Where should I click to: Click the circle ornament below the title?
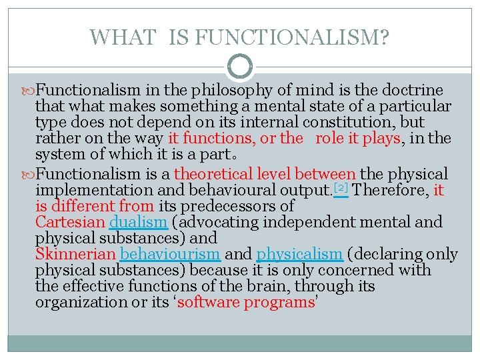pyautogui.click(x=240, y=67)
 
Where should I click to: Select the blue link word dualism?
pyautogui.click(x=137, y=222)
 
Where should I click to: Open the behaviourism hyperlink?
pyautogui.click(x=171, y=254)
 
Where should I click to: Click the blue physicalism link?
pyautogui.click(x=299, y=254)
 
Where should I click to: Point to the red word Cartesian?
pyautogui.click(x=70, y=222)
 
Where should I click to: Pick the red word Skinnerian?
pyautogui.click(x=75, y=254)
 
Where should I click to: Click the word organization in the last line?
pyautogui.click(x=77, y=303)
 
